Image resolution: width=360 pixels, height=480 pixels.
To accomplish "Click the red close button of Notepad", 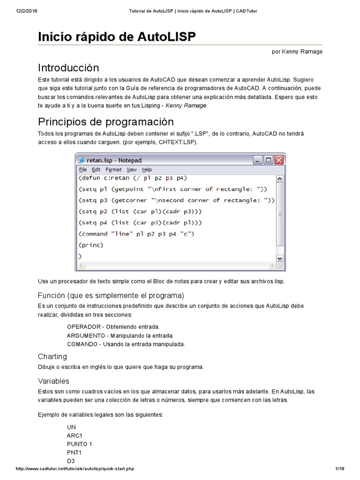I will pyautogui.click(x=279, y=160).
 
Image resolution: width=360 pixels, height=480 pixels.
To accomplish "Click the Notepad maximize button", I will pyautogui.click(x=269, y=160).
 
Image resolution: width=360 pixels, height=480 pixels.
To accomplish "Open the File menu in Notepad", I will pyautogui.click(x=83, y=170).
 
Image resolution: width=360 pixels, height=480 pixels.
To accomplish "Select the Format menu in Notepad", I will pyautogui.click(x=113, y=170).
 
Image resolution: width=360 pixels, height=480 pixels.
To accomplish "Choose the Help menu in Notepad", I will pyautogui.click(x=147, y=170).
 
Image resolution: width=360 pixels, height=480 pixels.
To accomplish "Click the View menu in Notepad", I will pyautogui.click(x=132, y=170).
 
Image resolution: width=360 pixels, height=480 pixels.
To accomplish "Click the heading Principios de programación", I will pyautogui.click(x=106, y=122).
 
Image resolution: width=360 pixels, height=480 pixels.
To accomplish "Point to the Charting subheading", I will pyautogui.click(x=52, y=357).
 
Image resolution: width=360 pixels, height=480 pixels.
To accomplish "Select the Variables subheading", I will pyautogui.click(x=53, y=381).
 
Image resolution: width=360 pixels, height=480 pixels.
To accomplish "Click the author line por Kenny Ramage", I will pyautogui.click(x=297, y=52).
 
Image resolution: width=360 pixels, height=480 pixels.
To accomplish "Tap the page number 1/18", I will pyautogui.click(x=340, y=469).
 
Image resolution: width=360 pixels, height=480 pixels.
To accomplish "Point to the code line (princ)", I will pyautogui.click(x=90, y=245).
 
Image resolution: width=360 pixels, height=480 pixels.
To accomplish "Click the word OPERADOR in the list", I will pyautogui.click(x=84, y=327).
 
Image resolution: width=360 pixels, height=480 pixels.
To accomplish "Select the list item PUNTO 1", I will pyautogui.click(x=80, y=444).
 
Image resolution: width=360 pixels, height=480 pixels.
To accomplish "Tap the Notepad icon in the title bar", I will pyautogui.click(x=81, y=160).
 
